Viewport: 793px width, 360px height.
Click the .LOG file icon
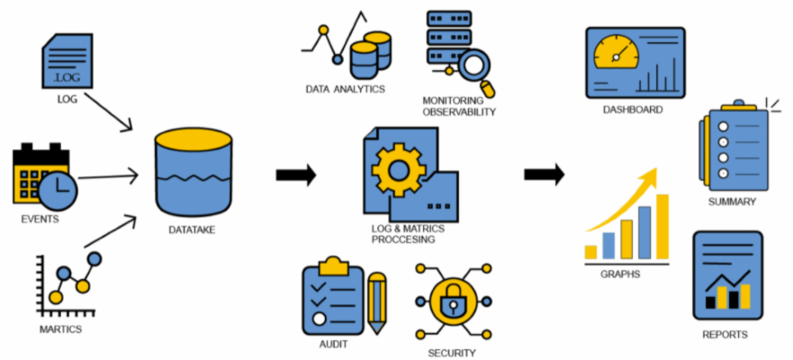pos(68,61)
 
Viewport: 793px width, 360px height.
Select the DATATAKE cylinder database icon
pos(193,171)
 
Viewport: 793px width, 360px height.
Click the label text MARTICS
pos(60,330)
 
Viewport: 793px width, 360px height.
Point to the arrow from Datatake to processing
pos(296,175)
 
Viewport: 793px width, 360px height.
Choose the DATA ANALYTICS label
pos(345,89)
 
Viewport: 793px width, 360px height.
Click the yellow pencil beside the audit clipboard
pos(377,302)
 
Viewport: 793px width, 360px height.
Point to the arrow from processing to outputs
pos(544,175)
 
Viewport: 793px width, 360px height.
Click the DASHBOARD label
pos(633,110)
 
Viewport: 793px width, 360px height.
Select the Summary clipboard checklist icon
pos(733,149)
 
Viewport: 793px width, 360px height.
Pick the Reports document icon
pos(727,274)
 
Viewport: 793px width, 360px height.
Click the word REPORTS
pos(725,335)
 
